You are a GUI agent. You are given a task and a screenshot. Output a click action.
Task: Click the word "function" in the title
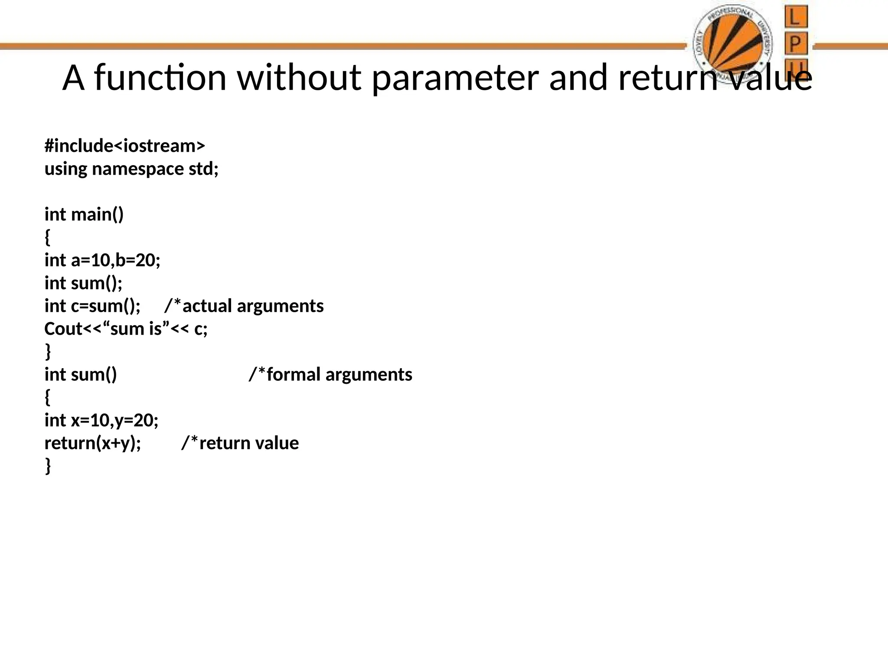coord(160,78)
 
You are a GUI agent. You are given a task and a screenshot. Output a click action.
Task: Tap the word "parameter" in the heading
coord(455,78)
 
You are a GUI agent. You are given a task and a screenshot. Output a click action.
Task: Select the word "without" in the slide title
coord(299,78)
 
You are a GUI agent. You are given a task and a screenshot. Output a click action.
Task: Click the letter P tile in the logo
coord(796,43)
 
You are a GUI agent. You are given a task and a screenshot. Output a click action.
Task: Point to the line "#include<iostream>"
coord(124,146)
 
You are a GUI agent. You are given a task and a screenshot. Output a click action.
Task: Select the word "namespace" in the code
coord(138,169)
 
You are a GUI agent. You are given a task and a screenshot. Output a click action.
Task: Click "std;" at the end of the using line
coord(204,169)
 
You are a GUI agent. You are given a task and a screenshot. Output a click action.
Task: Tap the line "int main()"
coord(84,215)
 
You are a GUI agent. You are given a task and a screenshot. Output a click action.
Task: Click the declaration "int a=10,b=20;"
coord(102,260)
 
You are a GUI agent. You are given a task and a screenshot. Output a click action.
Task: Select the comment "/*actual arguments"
coord(244,306)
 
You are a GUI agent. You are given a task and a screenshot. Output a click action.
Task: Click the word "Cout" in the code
coord(63,329)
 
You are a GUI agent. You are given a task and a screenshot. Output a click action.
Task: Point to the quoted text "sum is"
coord(136,329)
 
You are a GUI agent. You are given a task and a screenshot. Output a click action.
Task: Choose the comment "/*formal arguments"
coord(330,375)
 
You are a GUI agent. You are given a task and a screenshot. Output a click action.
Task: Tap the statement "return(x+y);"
coord(93,443)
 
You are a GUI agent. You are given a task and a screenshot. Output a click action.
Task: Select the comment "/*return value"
coord(240,443)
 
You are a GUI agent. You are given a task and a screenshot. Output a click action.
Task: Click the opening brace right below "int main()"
coord(48,237)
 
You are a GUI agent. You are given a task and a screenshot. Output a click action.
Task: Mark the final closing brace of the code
coord(48,466)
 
